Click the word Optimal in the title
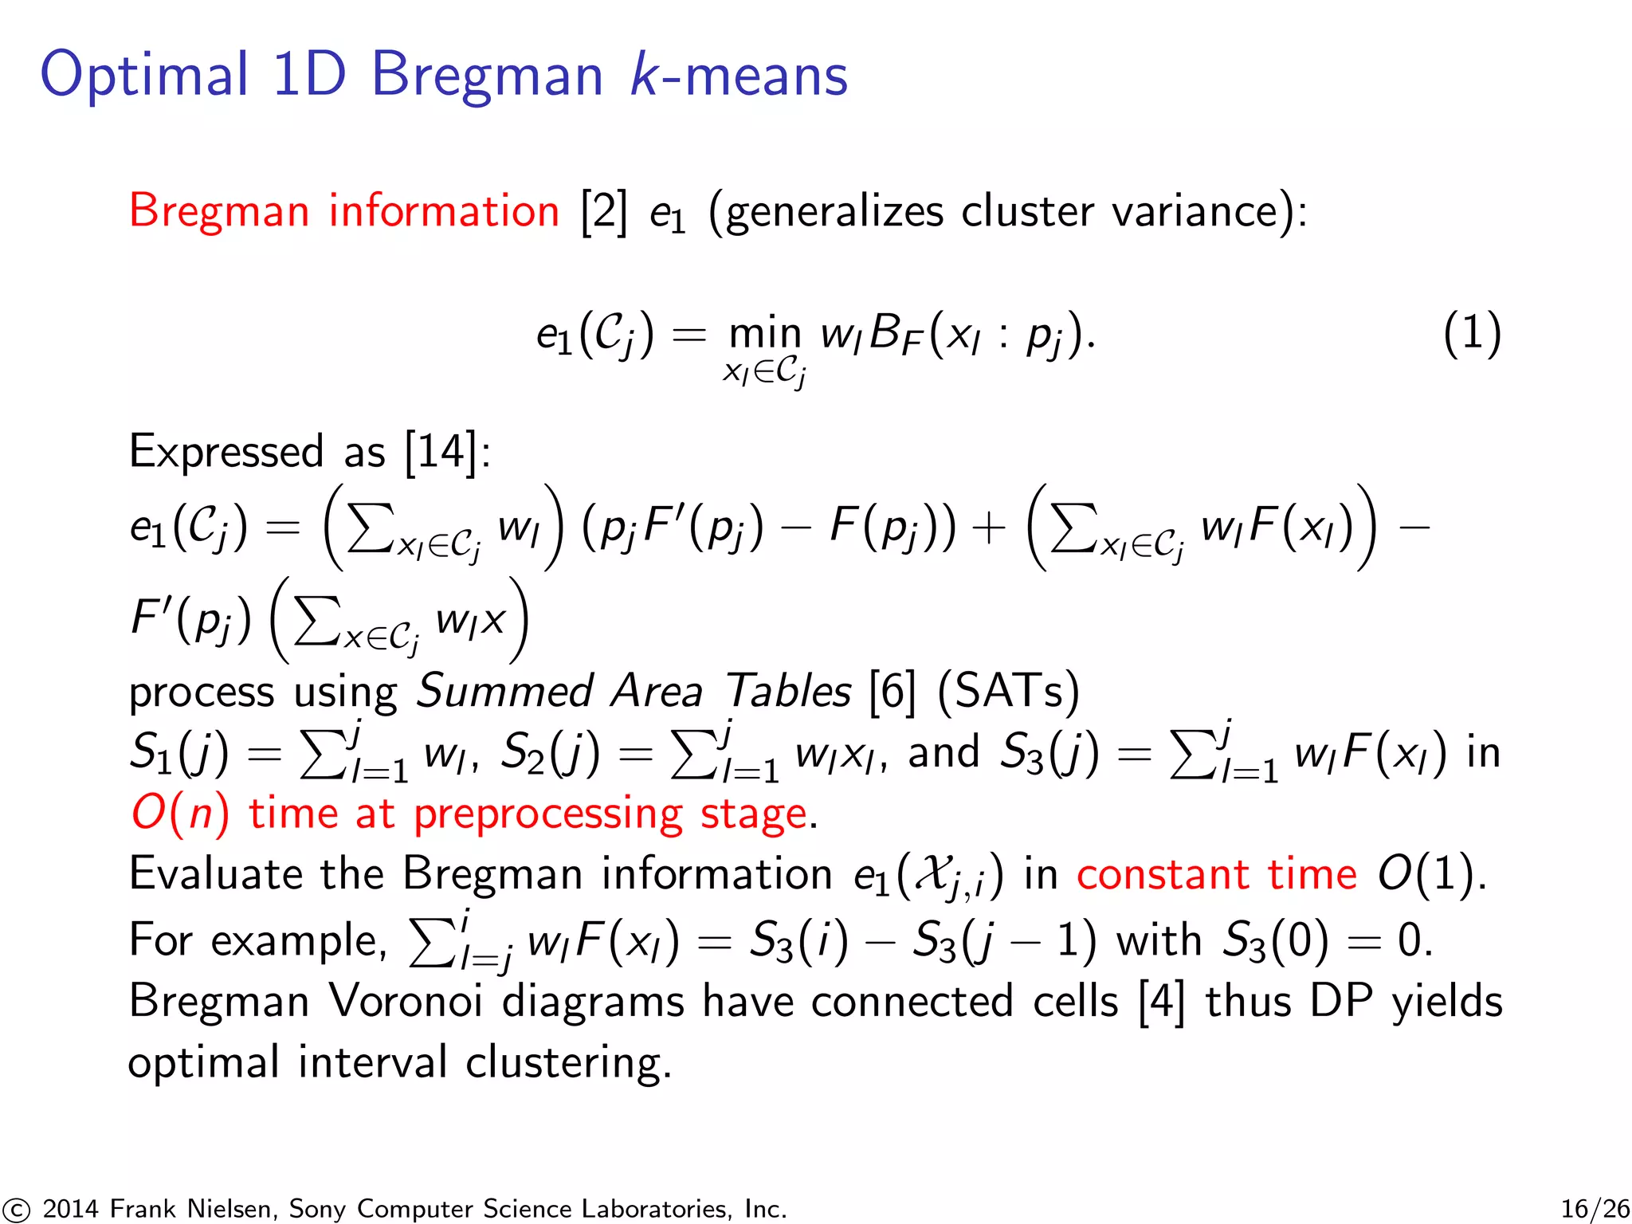click(x=144, y=75)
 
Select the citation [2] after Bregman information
click(x=604, y=212)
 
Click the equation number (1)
click(x=1472, y=333)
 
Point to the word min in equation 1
click(x=765, y=333)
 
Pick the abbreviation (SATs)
click(x=1008, y=691)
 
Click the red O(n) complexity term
click(x=180, y=814)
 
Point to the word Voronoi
click(x=406, y=1001)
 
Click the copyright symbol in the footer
click(x=15, y=1210)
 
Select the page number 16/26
click(x=1595, y=1209)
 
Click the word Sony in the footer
click(x=317, y=1210)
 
